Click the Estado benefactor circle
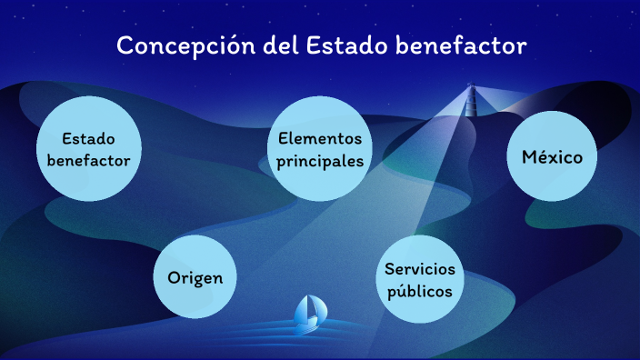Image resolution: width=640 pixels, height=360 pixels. click(90, 149)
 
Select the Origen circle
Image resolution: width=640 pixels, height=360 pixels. click(195, 277)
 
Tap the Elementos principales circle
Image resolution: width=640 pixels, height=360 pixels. click(321, 149)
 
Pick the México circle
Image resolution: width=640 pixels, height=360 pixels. click(552, 156)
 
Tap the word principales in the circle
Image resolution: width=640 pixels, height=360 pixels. click(321, 161)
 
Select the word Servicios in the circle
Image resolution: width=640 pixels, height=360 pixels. click(419, 269)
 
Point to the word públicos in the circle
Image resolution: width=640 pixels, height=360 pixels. click(419, 293)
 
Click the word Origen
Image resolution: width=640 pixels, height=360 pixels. click(195, 277)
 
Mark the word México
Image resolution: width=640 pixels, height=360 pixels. click(552, 156)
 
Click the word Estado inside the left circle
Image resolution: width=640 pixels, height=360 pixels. click(90, 138)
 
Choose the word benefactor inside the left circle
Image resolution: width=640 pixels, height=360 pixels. click(90, 161)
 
